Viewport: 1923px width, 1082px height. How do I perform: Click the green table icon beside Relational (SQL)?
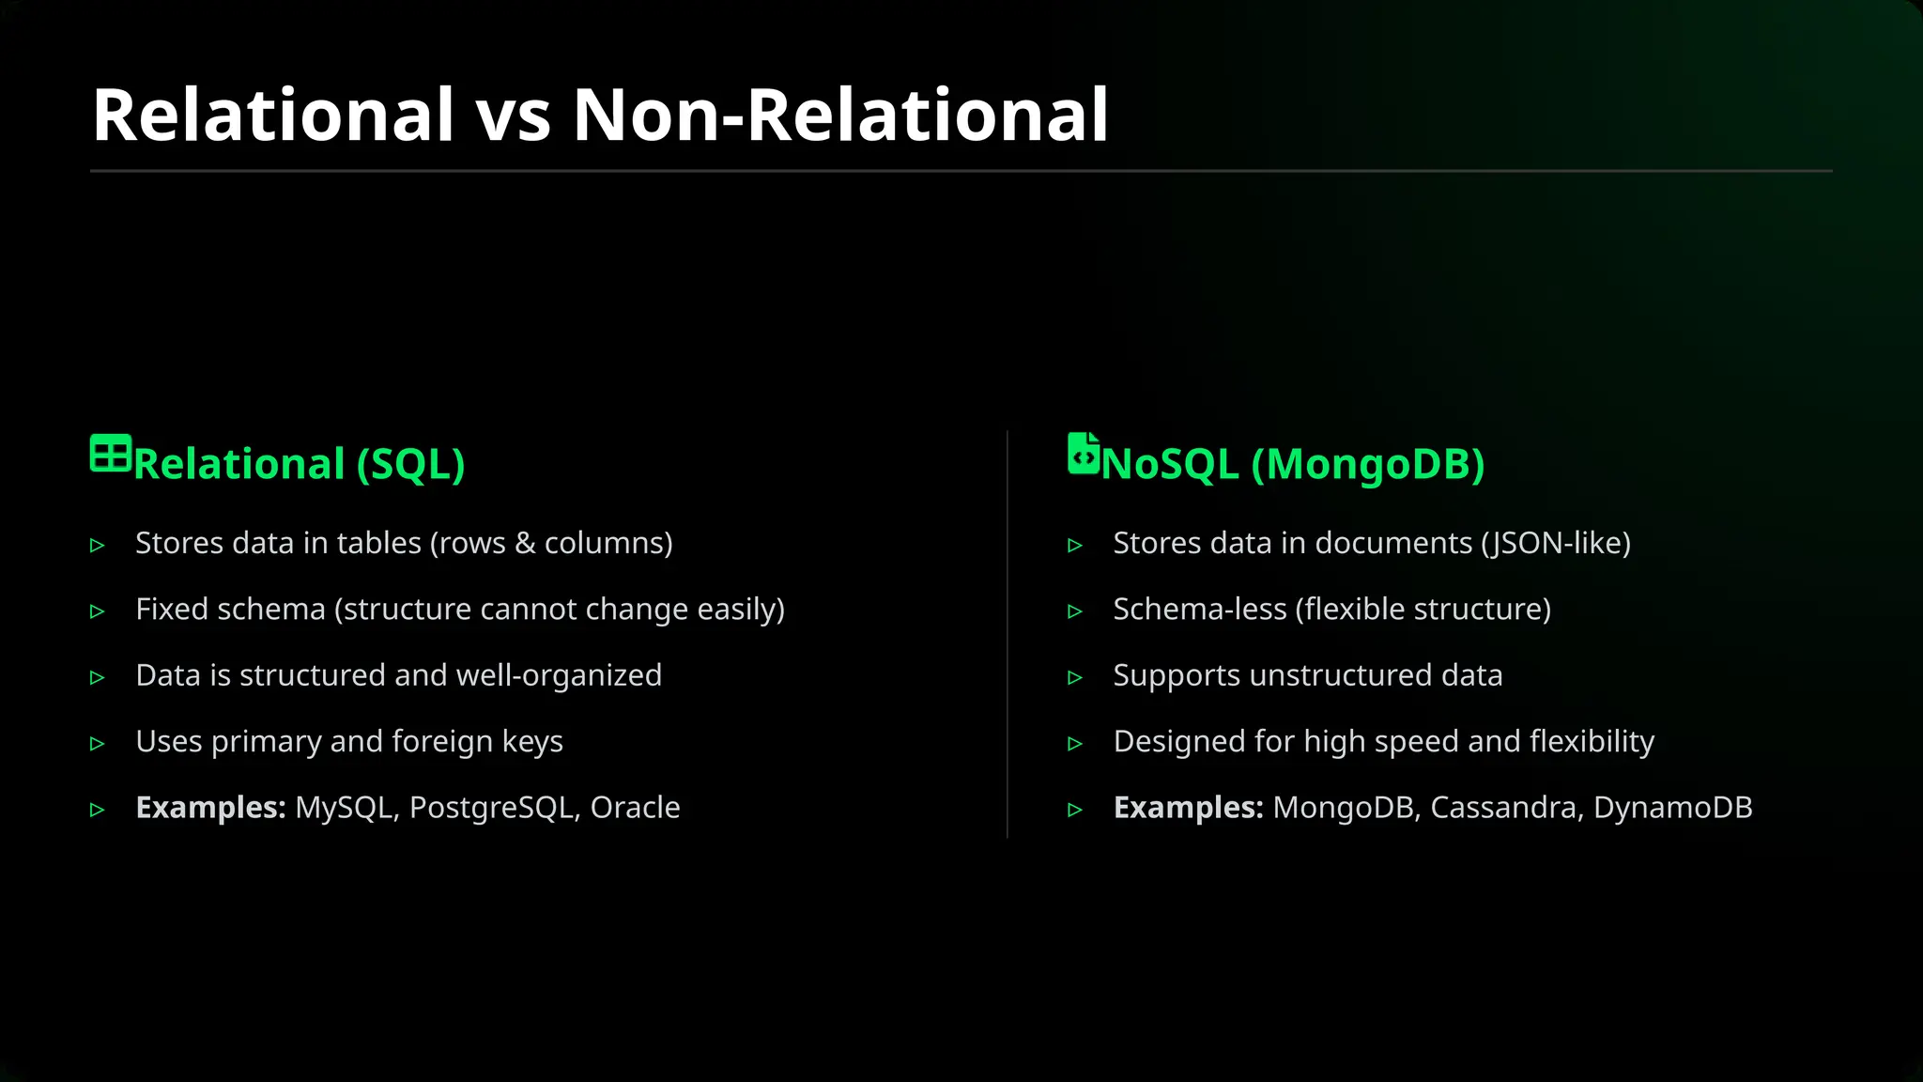click(110, 453)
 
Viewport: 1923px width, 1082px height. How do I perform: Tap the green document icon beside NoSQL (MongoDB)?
click(1083, 454)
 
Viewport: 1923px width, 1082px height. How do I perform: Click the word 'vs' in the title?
click(513, 116)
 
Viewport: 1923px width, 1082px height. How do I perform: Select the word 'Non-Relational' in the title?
click(840, 116)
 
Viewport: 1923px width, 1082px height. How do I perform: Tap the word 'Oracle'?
click(635, 808)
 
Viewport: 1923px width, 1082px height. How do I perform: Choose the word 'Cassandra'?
click(1502, 808)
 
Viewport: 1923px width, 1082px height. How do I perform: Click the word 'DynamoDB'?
click(1672, 808)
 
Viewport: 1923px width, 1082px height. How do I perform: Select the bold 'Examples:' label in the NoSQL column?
click(1188, 808)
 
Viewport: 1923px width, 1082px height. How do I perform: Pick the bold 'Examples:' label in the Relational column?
click(210, 808)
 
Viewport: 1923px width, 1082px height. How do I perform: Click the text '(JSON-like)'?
click(1556, 544)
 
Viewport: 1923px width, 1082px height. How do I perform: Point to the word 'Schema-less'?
click(1199, 610)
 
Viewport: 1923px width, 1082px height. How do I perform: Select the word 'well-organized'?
click(560, 675)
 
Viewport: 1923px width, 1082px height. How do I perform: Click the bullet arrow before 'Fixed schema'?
click(98, 611)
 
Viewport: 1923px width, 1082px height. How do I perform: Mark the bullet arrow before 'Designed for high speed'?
click(1075, 744)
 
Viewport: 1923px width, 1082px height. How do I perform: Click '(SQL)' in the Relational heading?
click(410, 465)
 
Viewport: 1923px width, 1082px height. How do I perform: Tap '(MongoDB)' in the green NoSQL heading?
click(1367, 465)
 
